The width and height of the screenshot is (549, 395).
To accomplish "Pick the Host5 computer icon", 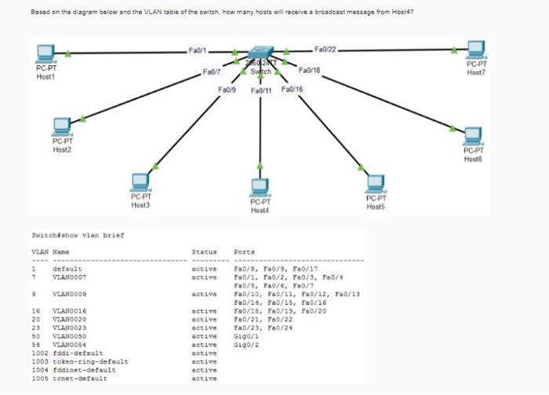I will [376, 183].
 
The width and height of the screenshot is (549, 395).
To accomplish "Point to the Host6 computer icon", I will [473, 135].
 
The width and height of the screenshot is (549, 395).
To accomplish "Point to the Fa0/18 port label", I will [310, 71].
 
